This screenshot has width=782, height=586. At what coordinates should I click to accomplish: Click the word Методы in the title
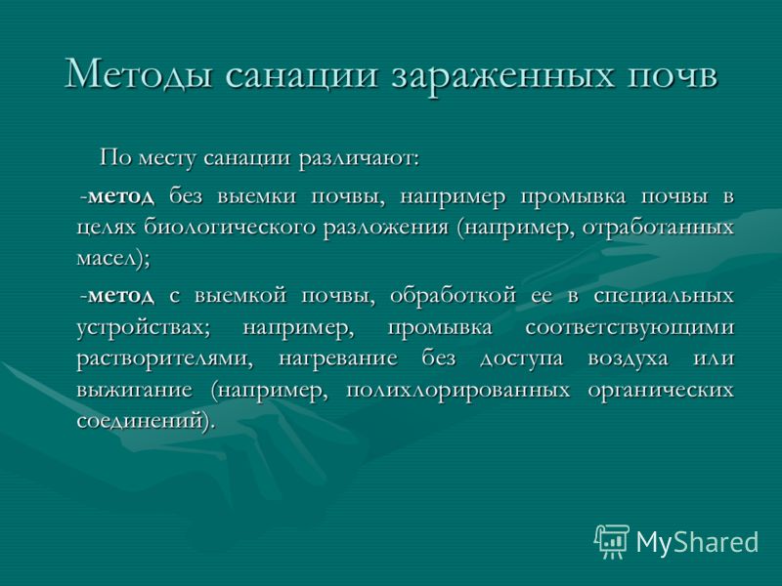pos(139,74)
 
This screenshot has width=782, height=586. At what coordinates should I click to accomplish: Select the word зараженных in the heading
pos(501,77)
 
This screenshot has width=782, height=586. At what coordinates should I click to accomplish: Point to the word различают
pos(358,158)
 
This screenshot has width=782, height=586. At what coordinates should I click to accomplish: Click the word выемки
pos(257,196)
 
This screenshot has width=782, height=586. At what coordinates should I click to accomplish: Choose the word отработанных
pos(658,228)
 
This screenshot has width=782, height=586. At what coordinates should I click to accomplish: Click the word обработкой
pos(453,296)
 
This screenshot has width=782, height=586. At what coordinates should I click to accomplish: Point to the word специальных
pos(664,296)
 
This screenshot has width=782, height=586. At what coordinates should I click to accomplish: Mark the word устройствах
pos(144,328)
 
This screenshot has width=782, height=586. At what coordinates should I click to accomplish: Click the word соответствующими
pos(630,328)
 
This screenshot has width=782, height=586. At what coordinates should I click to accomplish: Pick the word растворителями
pos(164,359)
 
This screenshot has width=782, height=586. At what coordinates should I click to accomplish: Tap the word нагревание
pos(337,358)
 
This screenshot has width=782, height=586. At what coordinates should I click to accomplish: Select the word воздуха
pos(628,359)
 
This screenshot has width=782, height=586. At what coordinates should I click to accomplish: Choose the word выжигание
pos(134,390)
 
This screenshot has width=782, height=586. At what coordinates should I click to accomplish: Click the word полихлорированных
pos(457,390)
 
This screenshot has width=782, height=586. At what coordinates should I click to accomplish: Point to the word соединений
pos(139,421)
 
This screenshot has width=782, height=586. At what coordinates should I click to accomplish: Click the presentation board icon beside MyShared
pos(612,541)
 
